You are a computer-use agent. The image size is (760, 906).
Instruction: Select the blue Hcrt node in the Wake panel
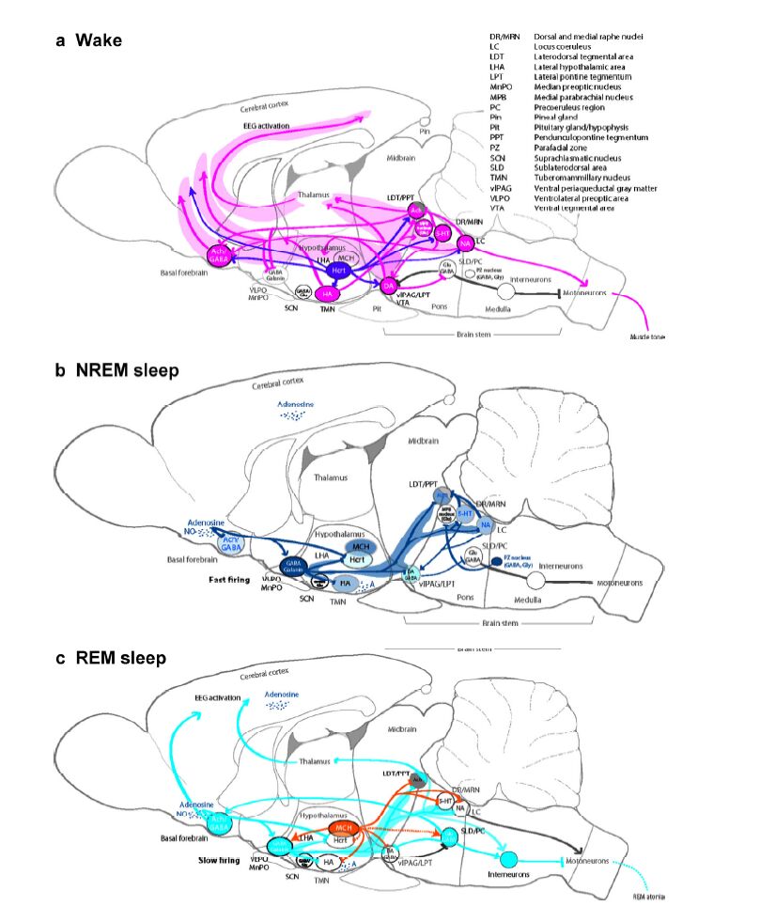tap(340, 271)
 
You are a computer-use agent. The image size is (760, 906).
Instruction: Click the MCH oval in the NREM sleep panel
tap(359, 545)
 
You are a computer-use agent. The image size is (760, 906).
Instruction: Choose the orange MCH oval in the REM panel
tap(344, 830)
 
